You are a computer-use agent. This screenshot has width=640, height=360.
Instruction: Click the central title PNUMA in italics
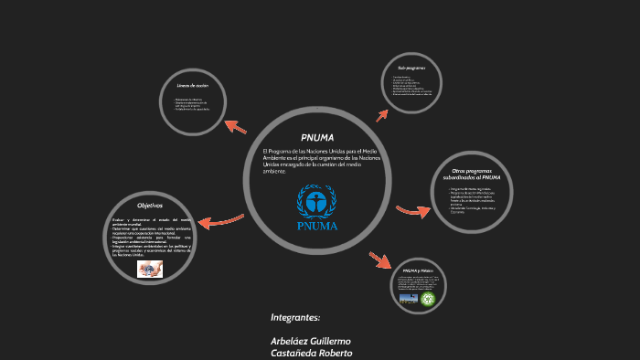point(317,137)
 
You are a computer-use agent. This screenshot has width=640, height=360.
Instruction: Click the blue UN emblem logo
point(317,201)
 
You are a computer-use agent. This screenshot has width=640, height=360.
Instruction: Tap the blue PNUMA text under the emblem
point(317,226)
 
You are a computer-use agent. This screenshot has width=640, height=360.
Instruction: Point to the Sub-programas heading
point(411,68)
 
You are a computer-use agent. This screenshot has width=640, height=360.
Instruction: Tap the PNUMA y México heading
point(417,270)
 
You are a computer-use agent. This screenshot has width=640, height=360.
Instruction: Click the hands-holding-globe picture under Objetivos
point(150,271)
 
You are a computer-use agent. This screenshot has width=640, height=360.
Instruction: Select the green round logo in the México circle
point(428,298)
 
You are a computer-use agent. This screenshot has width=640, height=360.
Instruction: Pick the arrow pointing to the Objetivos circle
point(220,219)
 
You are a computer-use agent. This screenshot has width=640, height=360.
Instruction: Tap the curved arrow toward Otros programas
point(412,211)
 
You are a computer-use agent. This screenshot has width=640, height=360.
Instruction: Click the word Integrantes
point(295,317)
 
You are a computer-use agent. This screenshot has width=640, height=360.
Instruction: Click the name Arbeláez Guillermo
point(311,341)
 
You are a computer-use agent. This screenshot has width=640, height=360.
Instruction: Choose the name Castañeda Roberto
point(311,353)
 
